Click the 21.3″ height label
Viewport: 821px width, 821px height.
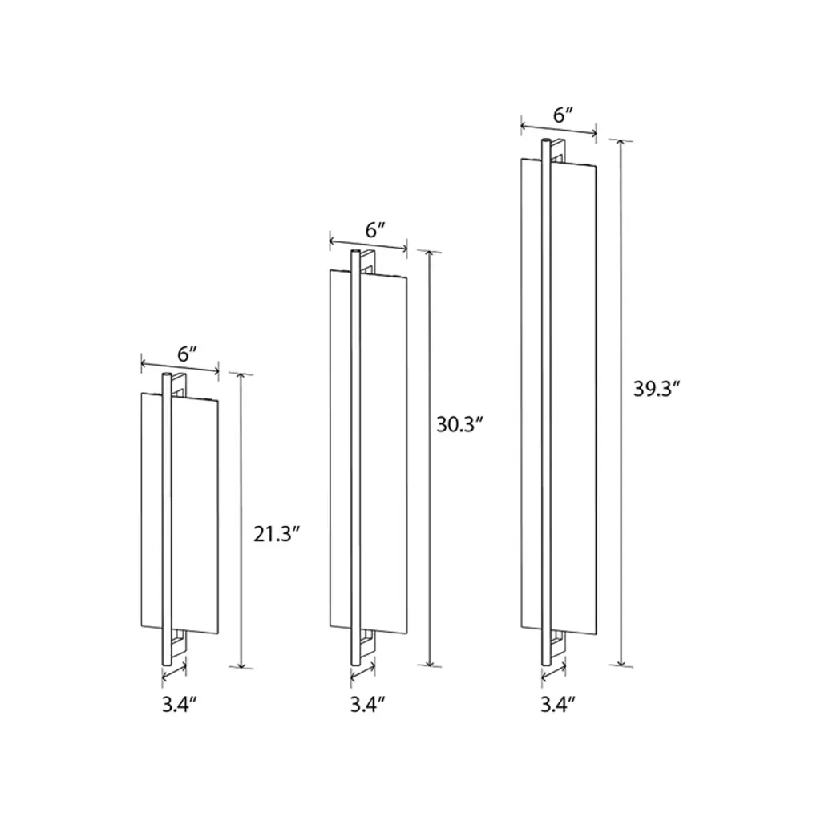tap(277, 534)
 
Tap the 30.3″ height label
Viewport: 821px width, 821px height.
tap(459, 424)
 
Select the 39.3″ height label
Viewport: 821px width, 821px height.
tap(657, 389)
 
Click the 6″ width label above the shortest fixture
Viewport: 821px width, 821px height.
tap(187, 354)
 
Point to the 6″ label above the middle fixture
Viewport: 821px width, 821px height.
tap(375, 230)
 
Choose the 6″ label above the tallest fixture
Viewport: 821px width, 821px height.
tap(564, 115)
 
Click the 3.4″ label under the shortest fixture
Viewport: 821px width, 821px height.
tap(179, 705)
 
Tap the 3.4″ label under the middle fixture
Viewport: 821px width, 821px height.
tap(367, 705)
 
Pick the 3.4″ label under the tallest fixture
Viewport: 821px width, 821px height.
tap(558, 705)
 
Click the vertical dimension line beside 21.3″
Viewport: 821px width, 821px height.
tap(241, 520)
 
